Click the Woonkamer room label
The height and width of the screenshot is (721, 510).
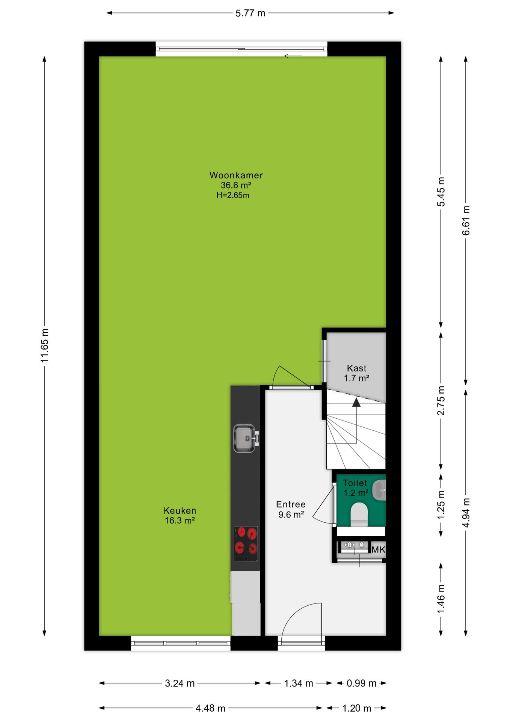coord(236,175)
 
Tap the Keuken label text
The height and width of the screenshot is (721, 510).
coord(180,511)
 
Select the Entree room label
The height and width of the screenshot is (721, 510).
coord(291,504)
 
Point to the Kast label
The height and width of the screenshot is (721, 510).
coord(356,368)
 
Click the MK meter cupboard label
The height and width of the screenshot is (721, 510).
coord(378,549)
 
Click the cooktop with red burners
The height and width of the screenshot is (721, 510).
coord(246,544)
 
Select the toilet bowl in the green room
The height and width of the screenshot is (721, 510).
coord(359,514)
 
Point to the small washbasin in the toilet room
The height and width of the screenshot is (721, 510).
coord(379,490)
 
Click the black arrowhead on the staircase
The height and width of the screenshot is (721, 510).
coord(356,402)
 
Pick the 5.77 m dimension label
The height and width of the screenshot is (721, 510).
coord(250,13)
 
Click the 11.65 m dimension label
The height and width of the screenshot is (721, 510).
coord(45,345)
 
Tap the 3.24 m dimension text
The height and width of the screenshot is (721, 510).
coord(180,683)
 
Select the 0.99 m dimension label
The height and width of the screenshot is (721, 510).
coord(361,683)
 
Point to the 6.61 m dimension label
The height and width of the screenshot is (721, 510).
coord(466,220)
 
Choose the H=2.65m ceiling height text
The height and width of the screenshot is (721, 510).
coord(233,195)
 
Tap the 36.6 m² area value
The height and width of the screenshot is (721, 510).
coord(236,185)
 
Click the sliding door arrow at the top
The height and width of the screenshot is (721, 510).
coord(293,56)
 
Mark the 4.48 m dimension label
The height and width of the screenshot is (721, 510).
coord(210,708)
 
